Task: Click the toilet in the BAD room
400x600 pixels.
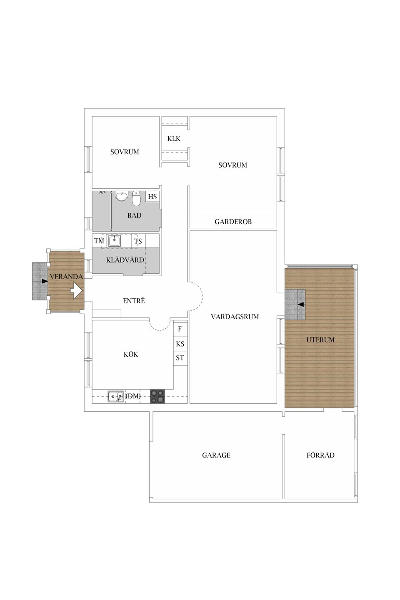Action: pos(136,199)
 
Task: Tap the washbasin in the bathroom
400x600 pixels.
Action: pos(122,196)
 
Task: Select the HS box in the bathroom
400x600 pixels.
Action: pos(152,197)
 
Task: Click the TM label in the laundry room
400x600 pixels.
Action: pos(99,241)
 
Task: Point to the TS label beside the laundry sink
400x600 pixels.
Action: pos(138,241)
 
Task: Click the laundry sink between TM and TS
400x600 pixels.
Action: pos(114,241)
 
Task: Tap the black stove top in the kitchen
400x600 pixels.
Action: pos(157,396)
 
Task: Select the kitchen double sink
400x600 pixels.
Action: pos(115,396)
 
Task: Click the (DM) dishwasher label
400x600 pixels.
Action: pos(133,396)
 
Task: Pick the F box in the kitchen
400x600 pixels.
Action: pos(180,329)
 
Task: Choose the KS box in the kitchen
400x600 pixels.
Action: pos(180,344)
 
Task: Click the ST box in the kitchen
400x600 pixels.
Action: pos(180,358)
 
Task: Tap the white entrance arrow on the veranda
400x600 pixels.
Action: pos(76,290)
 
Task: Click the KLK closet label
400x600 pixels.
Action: pos(174,139)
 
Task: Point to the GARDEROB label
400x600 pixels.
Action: pos(233,222)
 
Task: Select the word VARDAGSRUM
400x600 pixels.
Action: pos(235,317)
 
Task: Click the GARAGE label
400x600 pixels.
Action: pos(216,455)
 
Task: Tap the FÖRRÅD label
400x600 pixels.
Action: pos(320,455)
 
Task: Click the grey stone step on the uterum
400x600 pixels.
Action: pos(295,304)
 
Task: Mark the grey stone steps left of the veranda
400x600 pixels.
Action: pos(40,281)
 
